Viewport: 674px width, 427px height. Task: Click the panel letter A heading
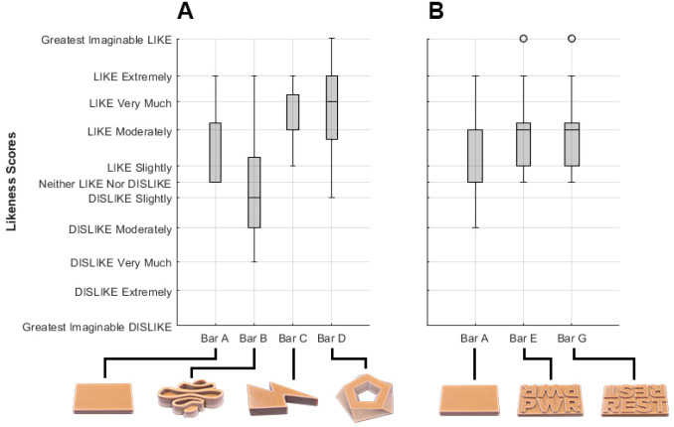coord(185,12)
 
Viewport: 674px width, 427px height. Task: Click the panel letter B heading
coord(436,12)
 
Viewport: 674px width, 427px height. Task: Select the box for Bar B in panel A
coord(254,193)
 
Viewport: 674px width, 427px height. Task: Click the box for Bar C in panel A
coord(293,111)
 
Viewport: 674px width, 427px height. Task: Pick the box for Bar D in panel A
coord(332,107)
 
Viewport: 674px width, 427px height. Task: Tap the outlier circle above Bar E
coord(523,39)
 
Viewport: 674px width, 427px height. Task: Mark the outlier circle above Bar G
coord(572,39)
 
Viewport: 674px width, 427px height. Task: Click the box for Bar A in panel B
coord(475,156)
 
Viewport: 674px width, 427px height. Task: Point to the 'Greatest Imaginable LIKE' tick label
coord(107,40)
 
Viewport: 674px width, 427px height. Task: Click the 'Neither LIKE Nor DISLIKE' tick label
coord(105,184)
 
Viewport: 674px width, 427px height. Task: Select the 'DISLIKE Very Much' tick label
coord(120,263)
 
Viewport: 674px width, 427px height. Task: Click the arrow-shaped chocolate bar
coord(281,397)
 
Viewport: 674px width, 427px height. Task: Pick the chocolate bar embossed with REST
coord(632,399)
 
